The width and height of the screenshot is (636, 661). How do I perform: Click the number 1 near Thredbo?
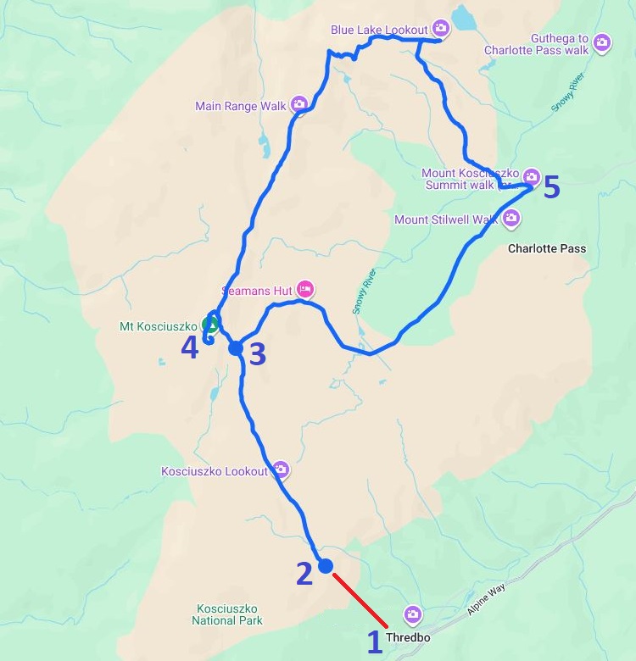click(375, 642)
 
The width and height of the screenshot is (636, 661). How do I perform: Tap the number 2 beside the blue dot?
click(304, 574)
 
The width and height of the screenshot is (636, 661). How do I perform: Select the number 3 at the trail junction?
click(257, 353)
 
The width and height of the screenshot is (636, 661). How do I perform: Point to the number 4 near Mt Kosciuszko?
click(189, 347)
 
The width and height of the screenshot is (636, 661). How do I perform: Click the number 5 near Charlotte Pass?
click(551, 187)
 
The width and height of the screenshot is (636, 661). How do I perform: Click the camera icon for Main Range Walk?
click(298, 105)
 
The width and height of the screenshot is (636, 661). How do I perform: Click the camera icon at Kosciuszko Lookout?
click(280, 469)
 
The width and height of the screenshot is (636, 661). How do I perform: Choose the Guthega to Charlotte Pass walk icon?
click(601, 42)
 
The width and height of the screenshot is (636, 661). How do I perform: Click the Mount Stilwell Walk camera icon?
click(510, 219)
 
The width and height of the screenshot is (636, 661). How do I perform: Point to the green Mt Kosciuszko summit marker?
click(209, 324)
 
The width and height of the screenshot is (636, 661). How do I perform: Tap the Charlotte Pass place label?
click(546, 249)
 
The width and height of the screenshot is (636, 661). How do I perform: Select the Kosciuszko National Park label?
click(228, 614)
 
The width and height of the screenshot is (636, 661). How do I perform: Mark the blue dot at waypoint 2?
click(325, 566)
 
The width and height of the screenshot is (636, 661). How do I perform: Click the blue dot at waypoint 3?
click(236, 347)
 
